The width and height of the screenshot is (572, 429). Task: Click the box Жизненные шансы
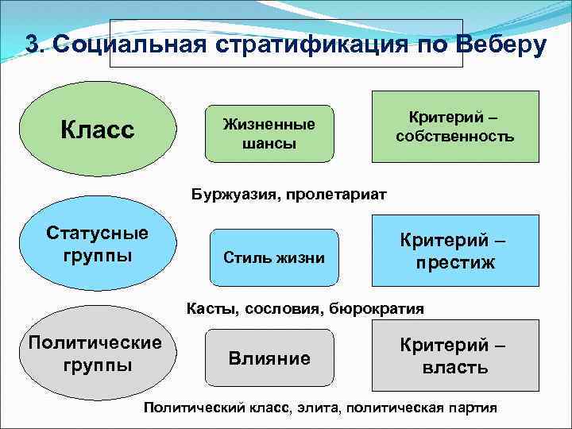point(269,133)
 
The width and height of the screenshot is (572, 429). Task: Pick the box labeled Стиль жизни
point(274,257)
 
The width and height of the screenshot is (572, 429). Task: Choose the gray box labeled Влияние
point(269,358)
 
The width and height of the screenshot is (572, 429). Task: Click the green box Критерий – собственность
point(455,126)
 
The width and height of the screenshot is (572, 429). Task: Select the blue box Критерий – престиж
point(455,250)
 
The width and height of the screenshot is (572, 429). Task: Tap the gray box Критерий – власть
point(455,355)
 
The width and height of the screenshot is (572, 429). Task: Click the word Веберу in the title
point(501,44)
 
